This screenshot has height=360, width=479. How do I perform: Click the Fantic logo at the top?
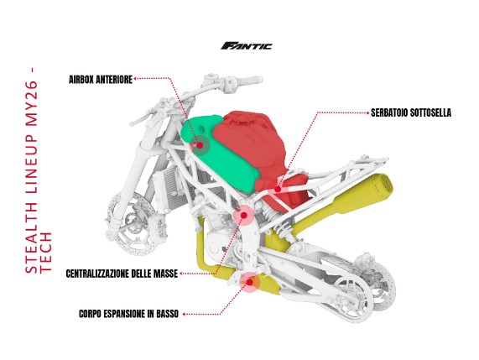pyautogui.click(x=247, y=46)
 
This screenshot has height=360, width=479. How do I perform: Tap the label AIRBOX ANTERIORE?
pyautogui.click(x=101, y=80)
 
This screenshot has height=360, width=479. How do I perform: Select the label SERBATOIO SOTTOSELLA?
pyautogui.click(x=411, y=112)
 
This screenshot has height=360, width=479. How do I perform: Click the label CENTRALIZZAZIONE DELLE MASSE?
pyautogui.click(x=122, y=274)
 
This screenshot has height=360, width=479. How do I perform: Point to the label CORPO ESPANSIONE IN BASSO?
pyautogui.click(x=128, y=314)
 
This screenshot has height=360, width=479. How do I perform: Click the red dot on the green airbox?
pyautogui.click(x=200, y=145)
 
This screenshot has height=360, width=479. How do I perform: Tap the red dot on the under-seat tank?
pyautogui.click(x=278, y=189)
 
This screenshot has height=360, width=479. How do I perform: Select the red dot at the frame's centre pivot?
pyautogui.click(x=244, y=216)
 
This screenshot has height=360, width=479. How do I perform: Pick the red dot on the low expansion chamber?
pyautogui.click(x=250, y=282)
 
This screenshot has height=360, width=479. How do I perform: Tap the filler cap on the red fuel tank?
pyautogui.click(x=242, y=121)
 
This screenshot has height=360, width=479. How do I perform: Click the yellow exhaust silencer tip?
pyautogui.click(x=380, y=185)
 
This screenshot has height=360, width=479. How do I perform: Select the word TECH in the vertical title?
pyautogui.click(x=46, y=253)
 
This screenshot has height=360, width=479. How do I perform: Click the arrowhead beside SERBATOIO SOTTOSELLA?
pyautogui.click(x=367, y=112)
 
